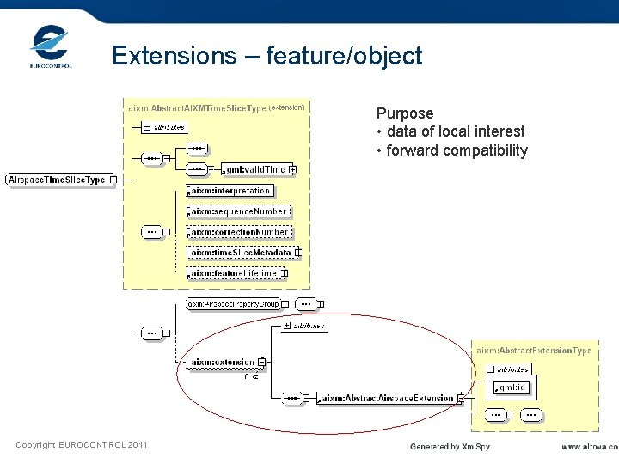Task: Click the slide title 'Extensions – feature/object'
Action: (267, 56)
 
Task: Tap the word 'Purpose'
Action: (405, 113)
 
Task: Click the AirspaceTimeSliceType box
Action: (57, 180)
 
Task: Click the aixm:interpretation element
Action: (230, 191)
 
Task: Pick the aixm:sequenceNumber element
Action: (238, 211)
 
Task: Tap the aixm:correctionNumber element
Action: (239, 232)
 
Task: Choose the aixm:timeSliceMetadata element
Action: (241, 253)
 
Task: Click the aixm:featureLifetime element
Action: (234, 273)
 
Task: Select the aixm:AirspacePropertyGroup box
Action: (234, 304)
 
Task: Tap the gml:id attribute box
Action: (509, 388)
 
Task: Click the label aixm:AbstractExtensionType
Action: (534, 351)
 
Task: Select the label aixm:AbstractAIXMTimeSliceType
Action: (198, 107)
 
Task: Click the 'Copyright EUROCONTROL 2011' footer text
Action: (81, 444)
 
